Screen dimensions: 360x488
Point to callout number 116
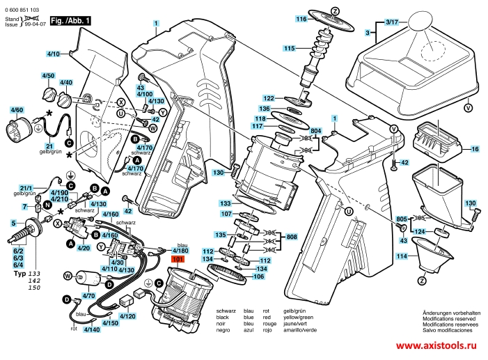pos(301,19)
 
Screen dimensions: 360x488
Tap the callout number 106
pos(258,276)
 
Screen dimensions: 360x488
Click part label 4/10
pos(54,53)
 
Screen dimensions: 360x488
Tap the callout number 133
pos(226,203)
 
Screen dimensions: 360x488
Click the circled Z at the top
pos(335,10)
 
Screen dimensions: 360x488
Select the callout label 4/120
pos(127,315)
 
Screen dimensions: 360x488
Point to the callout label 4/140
pos(90,329)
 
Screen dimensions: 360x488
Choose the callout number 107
pos(226,214)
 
